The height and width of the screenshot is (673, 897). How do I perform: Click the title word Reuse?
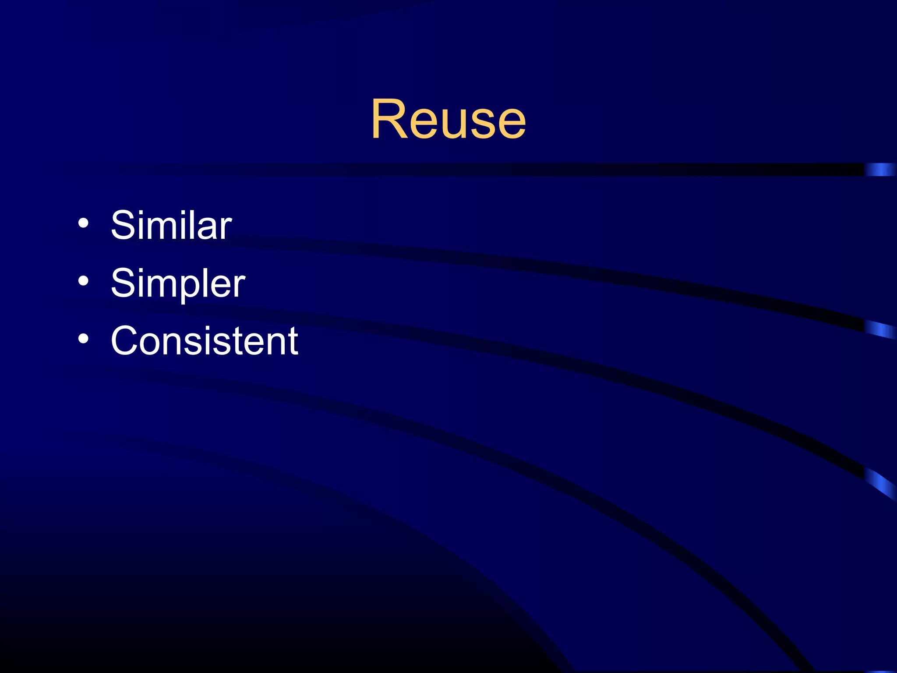448,119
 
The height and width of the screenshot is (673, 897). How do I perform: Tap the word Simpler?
178,283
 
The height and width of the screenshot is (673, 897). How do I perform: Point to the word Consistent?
205,341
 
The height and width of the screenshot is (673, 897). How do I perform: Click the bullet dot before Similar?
83,224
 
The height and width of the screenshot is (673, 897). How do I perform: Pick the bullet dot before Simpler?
83,281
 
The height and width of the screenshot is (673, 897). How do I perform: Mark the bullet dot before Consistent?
83,339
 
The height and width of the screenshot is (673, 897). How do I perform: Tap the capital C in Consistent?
127,341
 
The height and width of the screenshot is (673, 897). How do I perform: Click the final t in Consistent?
292,342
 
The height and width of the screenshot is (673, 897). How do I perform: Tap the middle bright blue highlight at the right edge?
880,329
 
